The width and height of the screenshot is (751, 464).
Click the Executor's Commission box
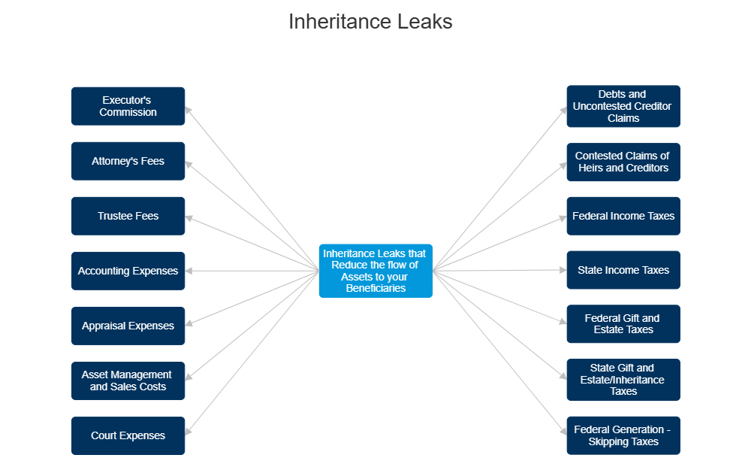coord(128,106)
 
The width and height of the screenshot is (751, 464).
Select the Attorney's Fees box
coord(128,161)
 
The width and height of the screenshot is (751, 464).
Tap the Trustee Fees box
coord(128,216)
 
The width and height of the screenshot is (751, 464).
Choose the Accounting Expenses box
coord(128,271)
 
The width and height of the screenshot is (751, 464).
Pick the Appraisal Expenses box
coord(128,326)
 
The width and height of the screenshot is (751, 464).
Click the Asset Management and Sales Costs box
coord(128,381)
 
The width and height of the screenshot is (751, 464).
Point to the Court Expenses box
coord(128,435)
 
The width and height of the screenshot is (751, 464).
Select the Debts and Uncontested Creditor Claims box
coord(623,106)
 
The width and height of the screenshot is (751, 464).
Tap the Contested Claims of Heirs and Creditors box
coord(623,162)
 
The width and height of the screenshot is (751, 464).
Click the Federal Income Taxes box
coord(623,216)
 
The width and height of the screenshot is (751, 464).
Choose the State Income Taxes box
coord(623,270)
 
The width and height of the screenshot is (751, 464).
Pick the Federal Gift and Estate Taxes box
coord(623,324)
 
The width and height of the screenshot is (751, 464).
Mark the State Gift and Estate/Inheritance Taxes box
coord(623,379)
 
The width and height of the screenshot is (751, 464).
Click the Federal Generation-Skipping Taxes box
coord(623,435)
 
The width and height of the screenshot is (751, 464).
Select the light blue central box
coord(375,271)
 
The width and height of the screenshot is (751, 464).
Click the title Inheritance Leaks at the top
coord(371,22)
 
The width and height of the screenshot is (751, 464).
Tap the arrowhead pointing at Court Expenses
coord(189,431)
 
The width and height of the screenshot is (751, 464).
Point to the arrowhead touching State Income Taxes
coord(562,270)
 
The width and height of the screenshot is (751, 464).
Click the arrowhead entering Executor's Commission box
coord(189,110)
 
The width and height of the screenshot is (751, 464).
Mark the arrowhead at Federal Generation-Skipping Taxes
coord(562,432)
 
